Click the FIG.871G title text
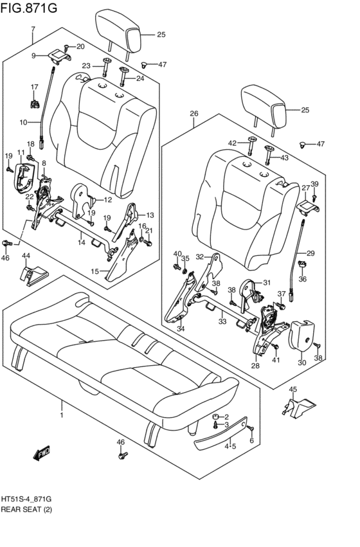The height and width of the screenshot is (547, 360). pyautogui.click(x=28, y=7)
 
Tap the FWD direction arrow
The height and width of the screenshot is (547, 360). pyautogui.click(x=42, y=453)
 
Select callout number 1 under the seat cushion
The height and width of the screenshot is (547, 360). pyautogui.click(x=62, y=415)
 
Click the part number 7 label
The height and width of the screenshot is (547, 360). pyautogui.click(x=33, y=30)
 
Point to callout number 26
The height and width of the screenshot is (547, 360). pyautogui.click(x=194, y=114)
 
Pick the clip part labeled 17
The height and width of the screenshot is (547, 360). pyautogui.click(x=35, y=104)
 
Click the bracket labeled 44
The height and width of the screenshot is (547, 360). pyautogui.click(x=33, y=276)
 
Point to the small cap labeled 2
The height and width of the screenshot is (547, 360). pyautogui.click(x=216, y=417)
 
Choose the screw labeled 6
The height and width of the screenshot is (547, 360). pyautogui.click(x=251, y=428)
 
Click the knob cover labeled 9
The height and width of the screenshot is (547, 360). pyautogui.click(x=59, y=55)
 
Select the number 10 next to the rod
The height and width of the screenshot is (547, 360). pyautogui.click(x=23, y=122)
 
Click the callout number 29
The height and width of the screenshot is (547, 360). pyautogui.click(x=310, y=253)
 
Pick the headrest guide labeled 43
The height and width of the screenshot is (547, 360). pyautogui.click(x=269, y=155)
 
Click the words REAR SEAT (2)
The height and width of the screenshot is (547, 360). pyautogui.click(x=26, y=510)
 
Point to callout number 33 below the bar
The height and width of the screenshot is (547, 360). pyautogui.click(x=222, y=321)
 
